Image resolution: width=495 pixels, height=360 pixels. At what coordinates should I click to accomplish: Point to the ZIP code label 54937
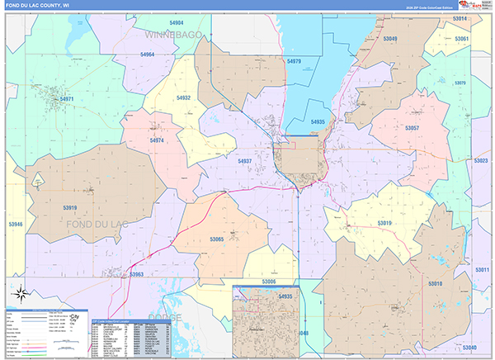tap(244, 161)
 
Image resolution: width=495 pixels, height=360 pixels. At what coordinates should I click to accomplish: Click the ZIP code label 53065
tap(216, 239)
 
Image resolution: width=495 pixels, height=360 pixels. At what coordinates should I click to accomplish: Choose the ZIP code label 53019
tap(384, 223)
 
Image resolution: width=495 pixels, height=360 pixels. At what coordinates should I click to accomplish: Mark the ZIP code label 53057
tap(412, 128)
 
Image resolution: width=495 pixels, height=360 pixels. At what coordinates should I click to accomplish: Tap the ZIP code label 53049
tap(389, 39)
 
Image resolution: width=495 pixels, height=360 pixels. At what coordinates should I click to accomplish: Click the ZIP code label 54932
tap(183, 97)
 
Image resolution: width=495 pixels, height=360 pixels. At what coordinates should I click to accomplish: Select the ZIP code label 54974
tap(157, 140)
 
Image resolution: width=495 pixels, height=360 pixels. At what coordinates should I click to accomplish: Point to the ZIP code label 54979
tap(294, 61)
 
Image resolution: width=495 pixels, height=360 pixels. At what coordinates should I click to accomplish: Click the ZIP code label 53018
tap(435, 283)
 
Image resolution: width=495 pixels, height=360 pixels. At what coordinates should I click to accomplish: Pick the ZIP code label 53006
tap(268, 282)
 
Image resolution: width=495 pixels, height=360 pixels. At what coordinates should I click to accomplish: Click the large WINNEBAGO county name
tap(172, 36)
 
